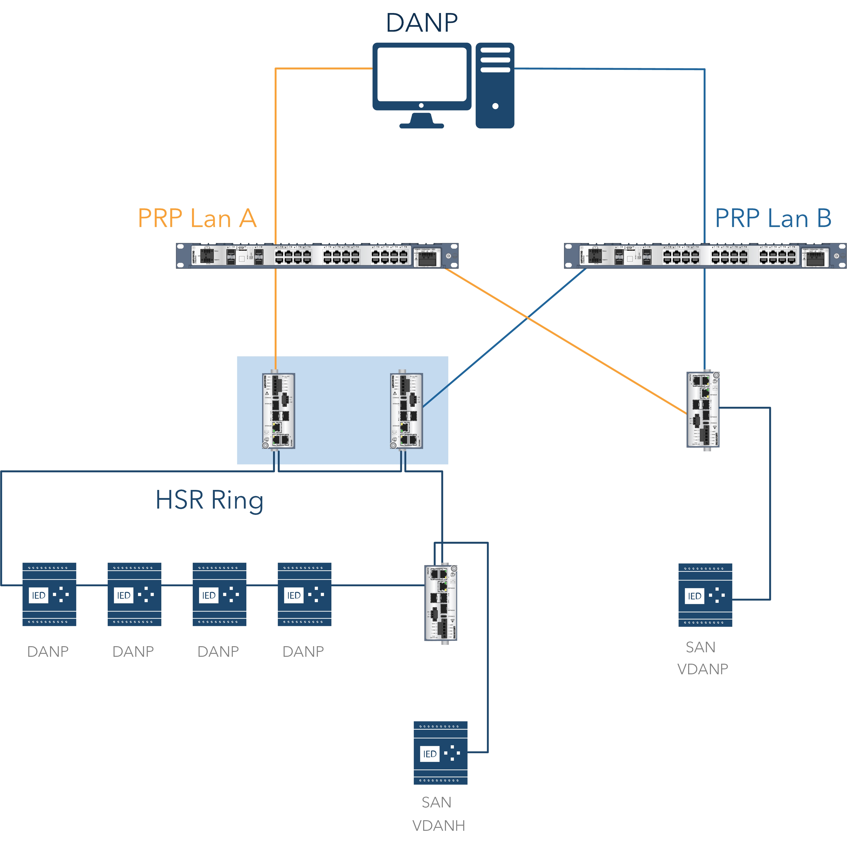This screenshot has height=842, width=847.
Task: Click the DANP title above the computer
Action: pyautogui.click(x=422, y=23)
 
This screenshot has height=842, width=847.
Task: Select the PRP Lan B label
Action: pyautogui.click(x=773, y=218)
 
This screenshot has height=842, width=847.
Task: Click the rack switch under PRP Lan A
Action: pyautogui.click(x=317, y=255)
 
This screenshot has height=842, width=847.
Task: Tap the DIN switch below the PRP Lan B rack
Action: pyautogui.click(x=703, y=409)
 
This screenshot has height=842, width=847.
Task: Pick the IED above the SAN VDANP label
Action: pyautogui.click(x=705, y=595)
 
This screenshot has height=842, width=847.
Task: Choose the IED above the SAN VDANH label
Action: pyautogui.click(x=440, y=753)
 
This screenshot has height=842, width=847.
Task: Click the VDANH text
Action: pyautogui.click(x=438, y=825)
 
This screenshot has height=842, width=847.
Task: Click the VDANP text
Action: pyautogui.click(x=702, y=669)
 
